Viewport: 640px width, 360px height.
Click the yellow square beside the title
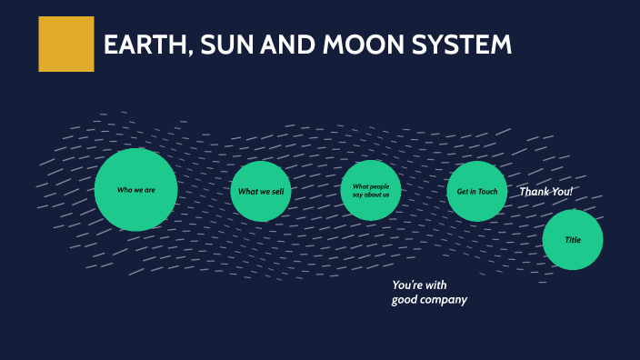65,44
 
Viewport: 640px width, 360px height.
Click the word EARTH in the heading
145,45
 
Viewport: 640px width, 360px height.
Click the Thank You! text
545,192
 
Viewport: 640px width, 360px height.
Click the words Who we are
135,190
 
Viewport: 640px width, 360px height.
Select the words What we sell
261,192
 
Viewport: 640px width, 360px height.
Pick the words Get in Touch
477,192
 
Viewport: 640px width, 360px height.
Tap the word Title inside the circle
573,240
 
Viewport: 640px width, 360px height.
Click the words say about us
371,195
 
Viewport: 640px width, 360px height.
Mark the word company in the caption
445,299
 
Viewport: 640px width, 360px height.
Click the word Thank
534,192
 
